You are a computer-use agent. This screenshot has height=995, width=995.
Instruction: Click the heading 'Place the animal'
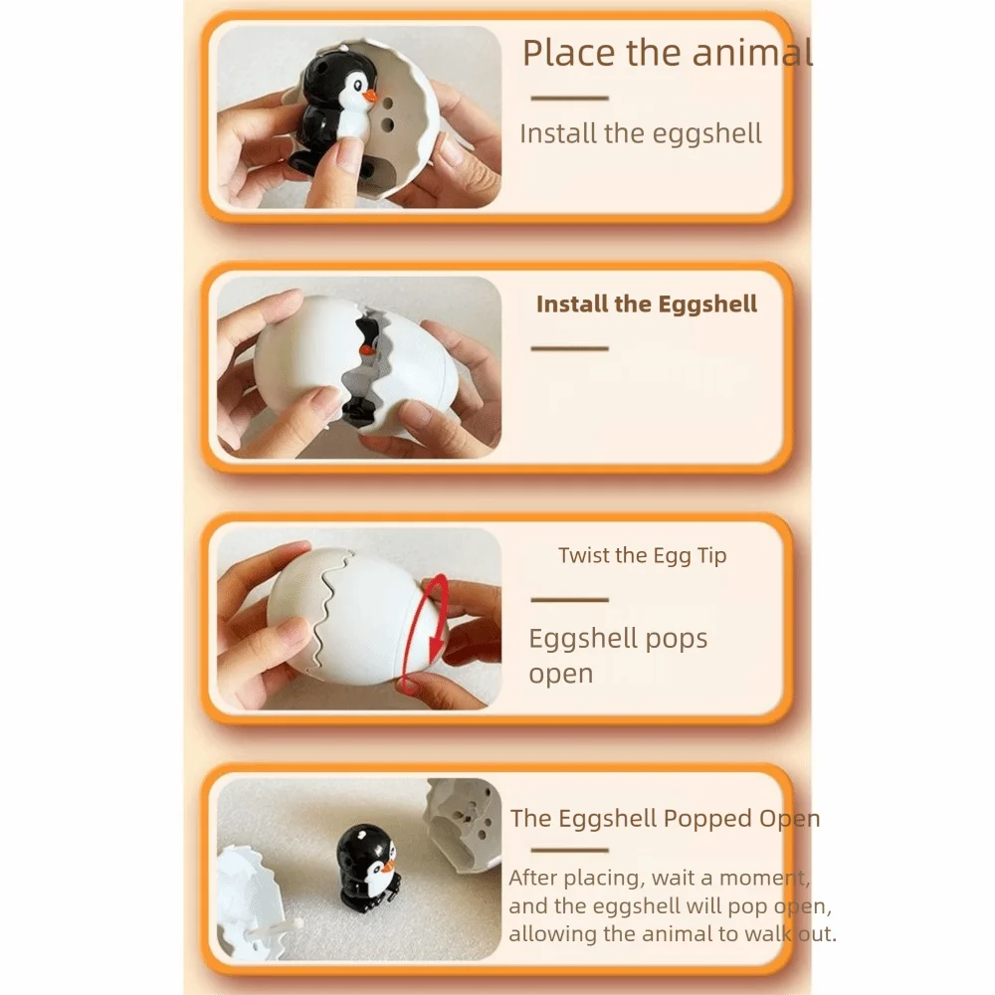667,53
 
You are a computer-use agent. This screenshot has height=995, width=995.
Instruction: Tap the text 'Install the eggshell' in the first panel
640,134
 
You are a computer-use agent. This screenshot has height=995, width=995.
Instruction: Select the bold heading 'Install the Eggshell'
647,303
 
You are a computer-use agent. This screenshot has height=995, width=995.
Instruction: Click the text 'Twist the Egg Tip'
642,556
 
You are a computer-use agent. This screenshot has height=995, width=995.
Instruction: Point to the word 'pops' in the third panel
677,640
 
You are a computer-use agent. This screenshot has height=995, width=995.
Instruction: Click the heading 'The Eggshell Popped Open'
665,819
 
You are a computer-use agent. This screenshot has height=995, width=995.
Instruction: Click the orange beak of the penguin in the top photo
370,97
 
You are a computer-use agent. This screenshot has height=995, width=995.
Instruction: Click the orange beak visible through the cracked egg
366,349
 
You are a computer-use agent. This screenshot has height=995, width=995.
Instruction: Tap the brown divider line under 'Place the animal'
570,99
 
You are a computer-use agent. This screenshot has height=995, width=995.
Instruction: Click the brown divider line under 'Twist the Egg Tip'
570,600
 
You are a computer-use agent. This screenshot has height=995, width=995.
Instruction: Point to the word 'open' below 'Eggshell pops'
561,675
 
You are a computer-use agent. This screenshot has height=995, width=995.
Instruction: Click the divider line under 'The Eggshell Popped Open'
570,851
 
